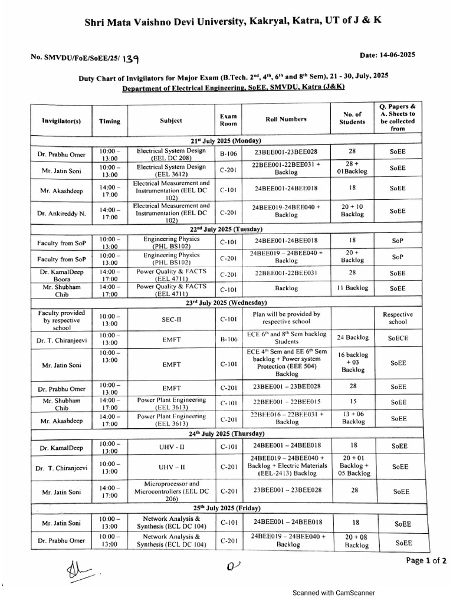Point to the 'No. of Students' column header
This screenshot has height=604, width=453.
(x=352, y=118)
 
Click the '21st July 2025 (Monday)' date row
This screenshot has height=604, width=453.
(x=226, y=140)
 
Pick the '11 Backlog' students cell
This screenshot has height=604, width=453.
(x=352, y=288)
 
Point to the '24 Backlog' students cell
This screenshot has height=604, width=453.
(x=352, y=338)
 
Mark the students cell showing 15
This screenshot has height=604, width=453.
(x=352, y=402)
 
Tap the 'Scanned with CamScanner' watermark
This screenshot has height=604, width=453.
(x=334, y=593)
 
